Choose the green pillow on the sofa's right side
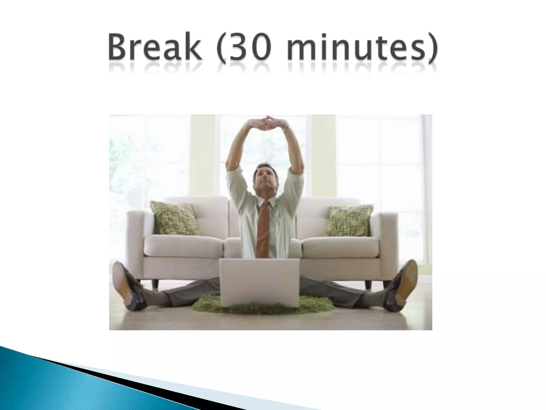(349, 220)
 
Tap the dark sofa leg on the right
(368, 284)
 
